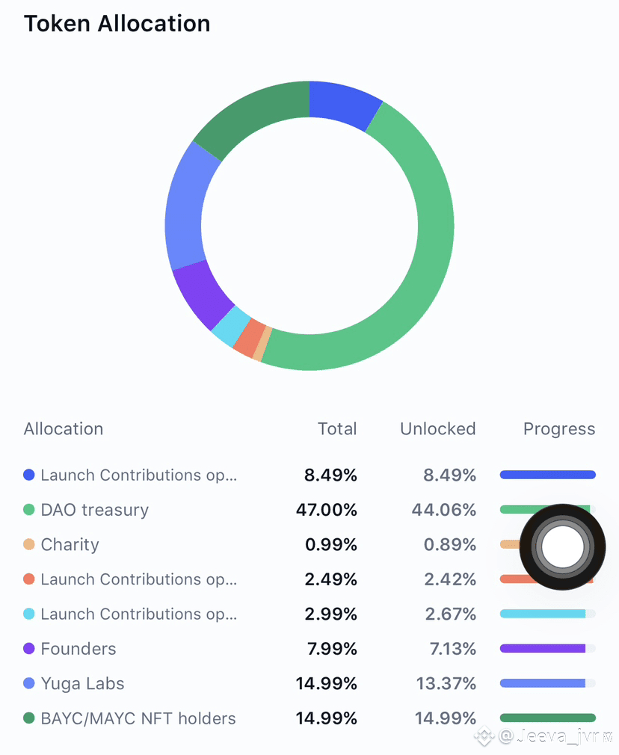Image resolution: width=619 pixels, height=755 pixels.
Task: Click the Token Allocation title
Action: pos(117,23)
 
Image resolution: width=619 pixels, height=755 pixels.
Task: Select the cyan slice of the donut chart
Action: pos(227,324)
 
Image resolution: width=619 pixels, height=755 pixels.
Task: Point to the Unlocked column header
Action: pos(437,429)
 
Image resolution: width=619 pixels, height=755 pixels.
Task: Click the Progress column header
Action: pos(558,429)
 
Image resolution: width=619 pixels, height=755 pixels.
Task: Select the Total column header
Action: pos(337,429)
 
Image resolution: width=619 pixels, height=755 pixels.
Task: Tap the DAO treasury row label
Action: pos(95,510)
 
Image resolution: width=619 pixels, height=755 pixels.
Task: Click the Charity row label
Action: pos(70,544)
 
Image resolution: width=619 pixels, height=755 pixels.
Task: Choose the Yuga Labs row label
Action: pos(82,683)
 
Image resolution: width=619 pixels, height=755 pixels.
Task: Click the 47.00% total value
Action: pos(327,510)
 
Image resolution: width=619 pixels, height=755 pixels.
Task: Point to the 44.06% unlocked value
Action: pos(443,510)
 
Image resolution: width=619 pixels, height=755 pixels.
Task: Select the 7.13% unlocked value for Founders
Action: pos(452,649)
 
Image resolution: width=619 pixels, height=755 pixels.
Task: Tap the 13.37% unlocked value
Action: pos(446,683)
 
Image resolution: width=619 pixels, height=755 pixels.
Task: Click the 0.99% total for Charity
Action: pos(330,544)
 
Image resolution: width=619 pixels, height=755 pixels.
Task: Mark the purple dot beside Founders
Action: pos(29,649)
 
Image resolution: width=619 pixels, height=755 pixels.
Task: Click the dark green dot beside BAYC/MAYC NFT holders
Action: pos(29,718)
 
